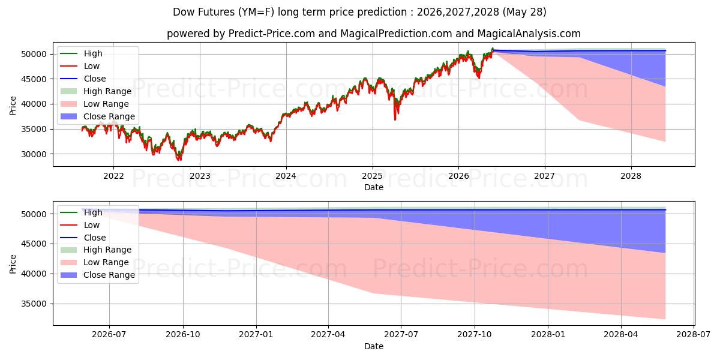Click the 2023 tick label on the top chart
tap(200, 176)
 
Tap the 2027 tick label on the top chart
tap(545, 176)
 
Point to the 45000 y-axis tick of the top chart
tap(34, 79)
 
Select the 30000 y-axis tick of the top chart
tap(34, 154)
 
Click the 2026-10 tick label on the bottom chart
tap(183, 335)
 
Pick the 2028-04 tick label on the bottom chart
tap(620, 335)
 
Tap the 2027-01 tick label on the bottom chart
tap(256, 335)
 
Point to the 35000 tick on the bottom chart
tap(34, 304)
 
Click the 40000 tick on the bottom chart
tap(34, 274)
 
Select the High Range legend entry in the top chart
tap(96, 91)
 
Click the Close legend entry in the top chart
tap(83, 79)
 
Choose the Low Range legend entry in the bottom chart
tap(95, 262)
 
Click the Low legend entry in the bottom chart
tap(80, 225)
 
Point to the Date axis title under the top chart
tap(373, 187)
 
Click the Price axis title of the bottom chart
tap(13, 264)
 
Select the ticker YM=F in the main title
tap(256, 12)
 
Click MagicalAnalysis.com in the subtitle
tap(529, 34)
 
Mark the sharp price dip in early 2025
tap(395, 118)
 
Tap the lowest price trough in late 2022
tap(179, 159)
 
